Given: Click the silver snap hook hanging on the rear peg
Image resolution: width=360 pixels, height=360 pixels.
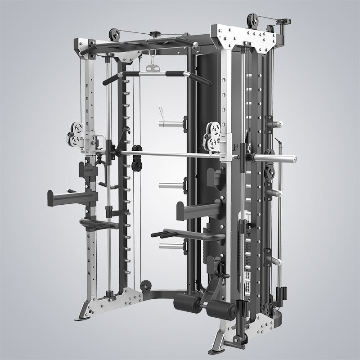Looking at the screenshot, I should tap(161, 112).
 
